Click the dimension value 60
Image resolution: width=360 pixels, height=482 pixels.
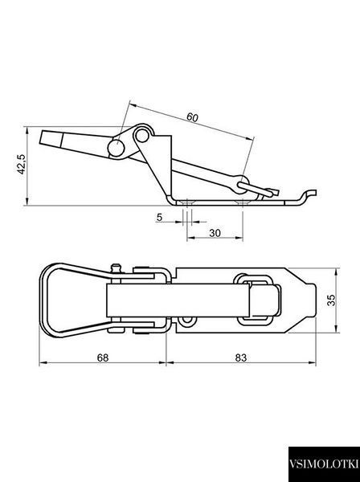(192, 117)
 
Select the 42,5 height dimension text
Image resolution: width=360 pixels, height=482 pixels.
(22, 164)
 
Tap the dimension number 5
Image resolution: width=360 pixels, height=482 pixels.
(159, 218)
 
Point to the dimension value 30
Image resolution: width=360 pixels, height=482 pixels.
(215, 233)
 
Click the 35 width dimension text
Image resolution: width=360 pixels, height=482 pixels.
(331, 300)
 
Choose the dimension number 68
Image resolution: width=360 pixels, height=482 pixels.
(103, 357)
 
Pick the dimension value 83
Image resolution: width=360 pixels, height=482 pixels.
(241, 357)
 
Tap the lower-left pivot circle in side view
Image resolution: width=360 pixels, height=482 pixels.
(117, 148)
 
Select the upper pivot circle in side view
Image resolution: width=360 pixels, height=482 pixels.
(141, 135)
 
